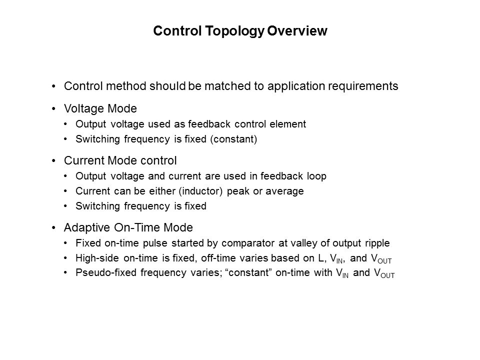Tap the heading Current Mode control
coord(120,161)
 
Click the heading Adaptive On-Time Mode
coord(128,228)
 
